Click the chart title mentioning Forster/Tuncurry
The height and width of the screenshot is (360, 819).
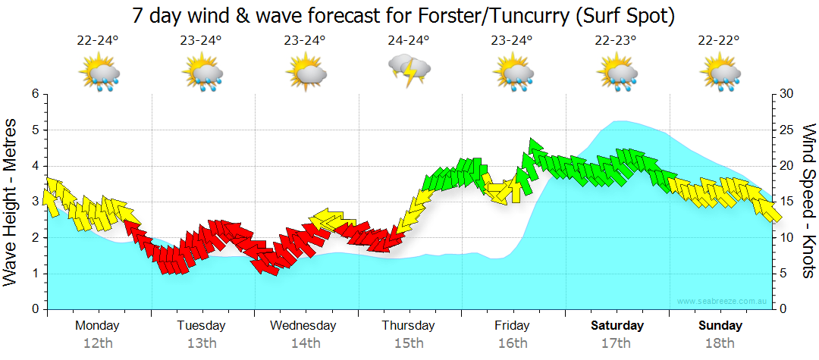point(403,15)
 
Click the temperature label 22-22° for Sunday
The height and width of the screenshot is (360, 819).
point(719,40)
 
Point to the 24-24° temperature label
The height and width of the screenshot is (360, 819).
point(408,40)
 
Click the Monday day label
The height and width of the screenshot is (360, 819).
point(97,325)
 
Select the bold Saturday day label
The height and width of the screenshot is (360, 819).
point(617,325)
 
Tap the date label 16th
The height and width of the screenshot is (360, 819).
point(513,343)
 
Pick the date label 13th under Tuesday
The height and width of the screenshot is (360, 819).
point(201,343)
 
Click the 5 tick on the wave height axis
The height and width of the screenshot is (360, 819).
point(34,130)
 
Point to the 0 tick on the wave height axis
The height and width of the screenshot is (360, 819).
point(34,310)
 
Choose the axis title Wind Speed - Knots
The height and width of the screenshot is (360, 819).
point(808,202)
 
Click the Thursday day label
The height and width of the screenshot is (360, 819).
point(408,325)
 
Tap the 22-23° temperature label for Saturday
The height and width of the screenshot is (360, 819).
point(615,40)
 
